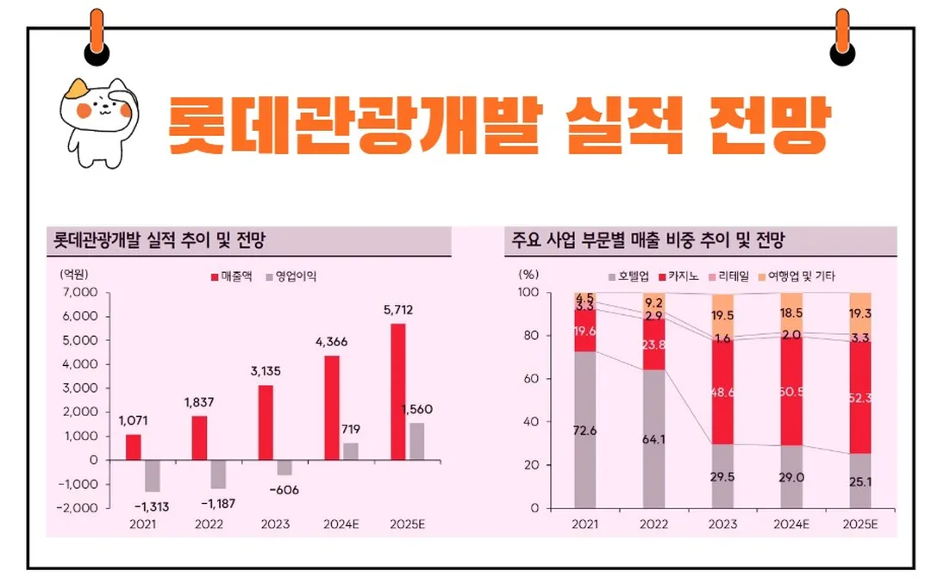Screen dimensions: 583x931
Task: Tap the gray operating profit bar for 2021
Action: [x=153, y=475]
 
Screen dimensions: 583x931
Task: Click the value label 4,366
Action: [x=332, y=342]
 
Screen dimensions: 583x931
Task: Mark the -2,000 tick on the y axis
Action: [x=79, y=508]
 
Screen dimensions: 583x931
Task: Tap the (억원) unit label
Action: [x=73, y=275]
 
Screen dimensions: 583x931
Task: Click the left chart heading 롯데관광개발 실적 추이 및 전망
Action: [x=159, y=240]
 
